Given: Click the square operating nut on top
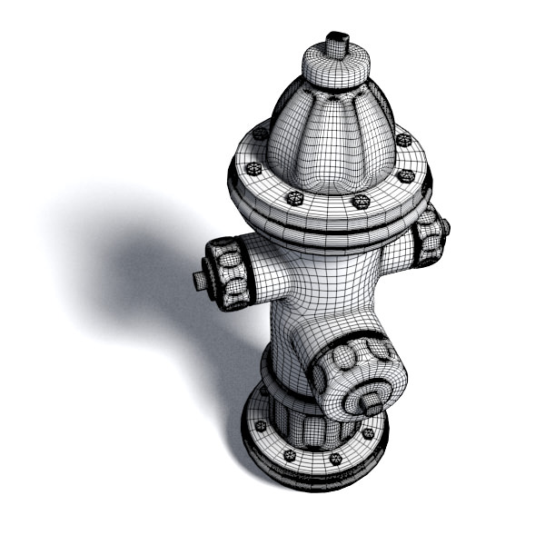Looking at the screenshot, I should tap(338, 44).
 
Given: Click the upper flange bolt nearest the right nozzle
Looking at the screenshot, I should tap(406, 174).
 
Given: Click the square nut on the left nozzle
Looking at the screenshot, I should tap(201, 280).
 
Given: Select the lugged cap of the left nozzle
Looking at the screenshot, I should tap(227, 272).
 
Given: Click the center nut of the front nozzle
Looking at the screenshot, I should tap(372, 398).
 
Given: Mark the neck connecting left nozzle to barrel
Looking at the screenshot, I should tap(268, 268).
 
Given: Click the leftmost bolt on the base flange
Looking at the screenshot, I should tap(262, 425).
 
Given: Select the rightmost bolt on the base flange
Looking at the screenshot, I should tap(368, 435).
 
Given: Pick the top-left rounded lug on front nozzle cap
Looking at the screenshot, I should tap(345, 357).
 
